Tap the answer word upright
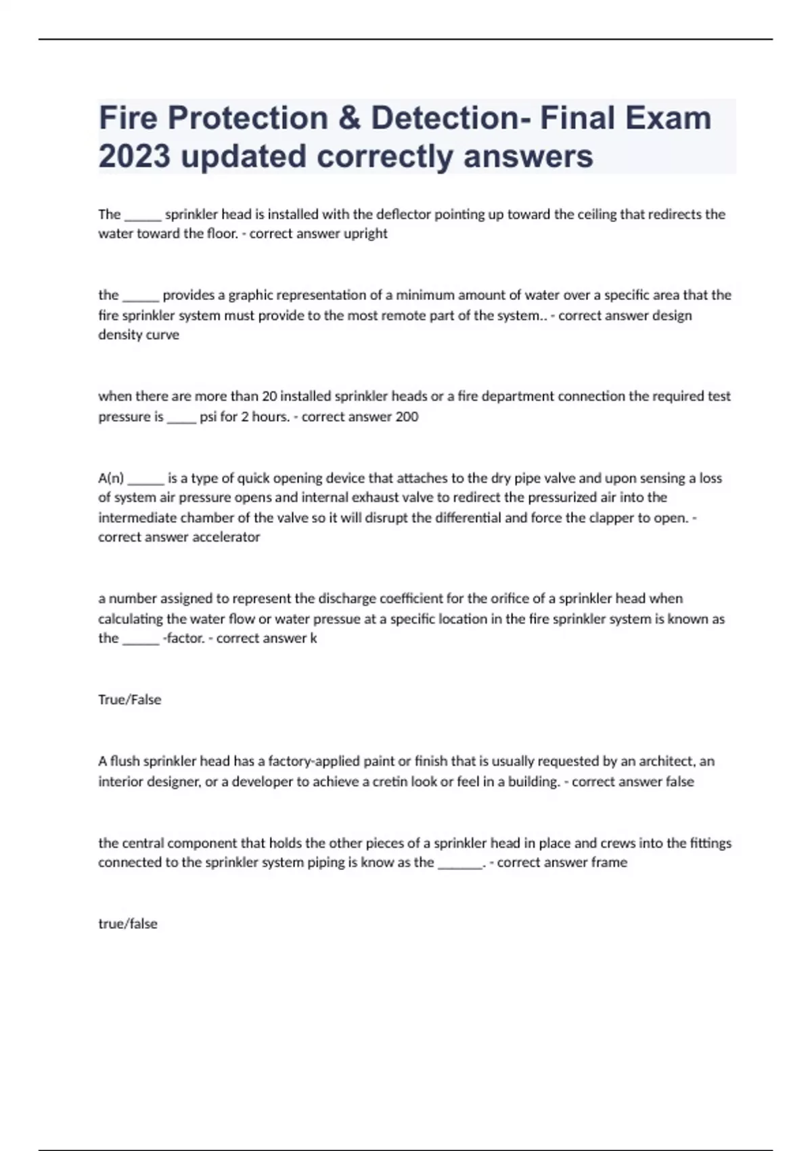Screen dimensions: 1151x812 [x=366, y=234]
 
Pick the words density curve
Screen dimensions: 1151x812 [x=139, y=334]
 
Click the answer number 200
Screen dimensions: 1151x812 [x=407, y=416]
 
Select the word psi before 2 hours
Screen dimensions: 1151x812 [x=208, y=416]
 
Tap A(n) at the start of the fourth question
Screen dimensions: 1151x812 [x=111, y=478]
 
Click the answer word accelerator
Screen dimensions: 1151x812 [x=226, y=537]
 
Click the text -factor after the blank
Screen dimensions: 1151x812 [x=183, y=638]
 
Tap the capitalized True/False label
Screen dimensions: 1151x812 [x=129, y=699]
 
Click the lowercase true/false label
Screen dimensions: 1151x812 [x=127, y=924]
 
